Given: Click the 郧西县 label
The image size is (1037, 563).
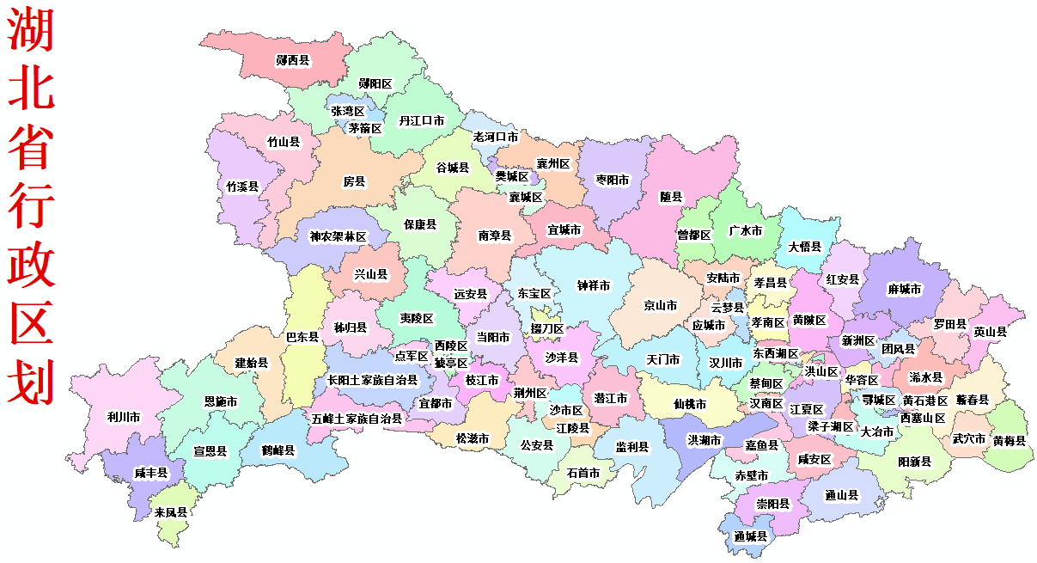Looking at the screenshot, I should pyautogui.click(x=293, y=60).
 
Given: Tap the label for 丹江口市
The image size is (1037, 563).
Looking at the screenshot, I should pyautogui.click(x=421, y=121).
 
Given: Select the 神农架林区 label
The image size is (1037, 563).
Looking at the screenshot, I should pyautogui.click(x=338, y=236).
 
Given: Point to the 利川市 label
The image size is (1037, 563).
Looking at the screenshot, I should pyautogui.click(x=124, y=417).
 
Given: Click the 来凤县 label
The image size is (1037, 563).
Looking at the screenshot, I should pyautogui.click(x=171, y=512).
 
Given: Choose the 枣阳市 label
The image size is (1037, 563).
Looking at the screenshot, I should pyautogui.click(x=613, y=181).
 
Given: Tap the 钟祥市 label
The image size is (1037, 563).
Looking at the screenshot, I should pyautogui.click(x=594, y=285).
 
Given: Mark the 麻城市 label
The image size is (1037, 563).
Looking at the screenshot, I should pyautogui.click(x=905, y=290).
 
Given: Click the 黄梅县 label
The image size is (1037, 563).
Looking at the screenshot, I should pyautogui.click(x=1010, y=441).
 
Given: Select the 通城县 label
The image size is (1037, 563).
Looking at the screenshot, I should pyautogui.click(x=750, y=535).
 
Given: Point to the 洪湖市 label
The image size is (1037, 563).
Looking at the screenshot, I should pyautogui.click(x=705, y=440).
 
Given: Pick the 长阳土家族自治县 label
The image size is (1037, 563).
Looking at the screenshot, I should pyautogui.click(x=372, y=379).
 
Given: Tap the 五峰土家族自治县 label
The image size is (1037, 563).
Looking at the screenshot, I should pyautogui.click(x=357, y=419).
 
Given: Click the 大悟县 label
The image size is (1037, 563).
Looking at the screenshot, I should pyautogui.click(x=805, y=247).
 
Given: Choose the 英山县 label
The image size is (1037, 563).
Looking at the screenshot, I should pyautogui.click(x=991, y=331).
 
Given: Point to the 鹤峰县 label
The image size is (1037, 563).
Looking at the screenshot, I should pyautogui.click(x=278, y=450).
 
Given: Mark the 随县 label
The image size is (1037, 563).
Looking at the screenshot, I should pyautogui.click(x=671, y=197).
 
